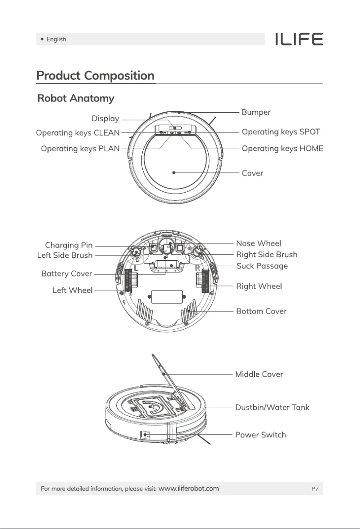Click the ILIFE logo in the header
[299, 40]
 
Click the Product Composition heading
[95, 75]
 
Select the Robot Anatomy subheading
[75, 98]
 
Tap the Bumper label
[256, 112]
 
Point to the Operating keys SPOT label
[281, 132]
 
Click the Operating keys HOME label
[282, 149]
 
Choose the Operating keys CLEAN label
[78, 132]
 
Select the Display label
[105, 119]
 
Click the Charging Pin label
[69, 245]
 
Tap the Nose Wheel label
[259, 243]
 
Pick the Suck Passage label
[262, 266]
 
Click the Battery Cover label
[66, 273]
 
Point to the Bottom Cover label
[261, 311]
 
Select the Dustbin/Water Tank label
[272, 408]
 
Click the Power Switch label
[260, 435]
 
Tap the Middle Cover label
[259, 374]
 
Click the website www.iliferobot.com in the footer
[189, 489]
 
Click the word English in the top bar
[56, 40]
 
